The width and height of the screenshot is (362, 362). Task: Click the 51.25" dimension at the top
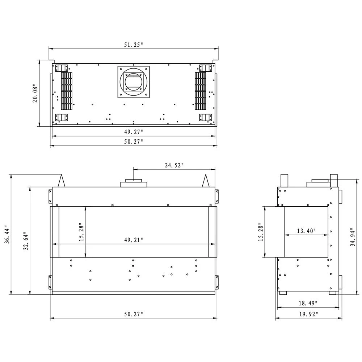point(134,45)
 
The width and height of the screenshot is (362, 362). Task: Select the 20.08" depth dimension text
point(35,94)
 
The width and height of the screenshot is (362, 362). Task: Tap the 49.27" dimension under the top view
point(134,132)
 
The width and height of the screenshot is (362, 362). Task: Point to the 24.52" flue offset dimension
point(174,165)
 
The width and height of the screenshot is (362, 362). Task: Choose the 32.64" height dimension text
point(25,240)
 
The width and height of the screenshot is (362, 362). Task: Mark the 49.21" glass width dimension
point(134,240)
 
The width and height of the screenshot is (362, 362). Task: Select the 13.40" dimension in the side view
point(306,231)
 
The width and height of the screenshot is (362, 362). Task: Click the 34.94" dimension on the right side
point(352,237)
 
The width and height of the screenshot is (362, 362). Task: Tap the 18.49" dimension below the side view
point(308,303)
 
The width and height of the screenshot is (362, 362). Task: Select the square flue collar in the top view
point(134,81)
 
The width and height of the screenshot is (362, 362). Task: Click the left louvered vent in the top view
point(66,91)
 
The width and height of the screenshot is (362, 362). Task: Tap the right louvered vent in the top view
point(200,91)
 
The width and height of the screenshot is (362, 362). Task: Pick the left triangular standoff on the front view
point(62,181)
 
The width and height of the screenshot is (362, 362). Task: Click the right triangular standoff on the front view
point(206,181)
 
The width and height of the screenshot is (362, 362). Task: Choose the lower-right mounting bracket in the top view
point(205,118)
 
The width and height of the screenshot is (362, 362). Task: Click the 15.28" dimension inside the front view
point(81,233)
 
